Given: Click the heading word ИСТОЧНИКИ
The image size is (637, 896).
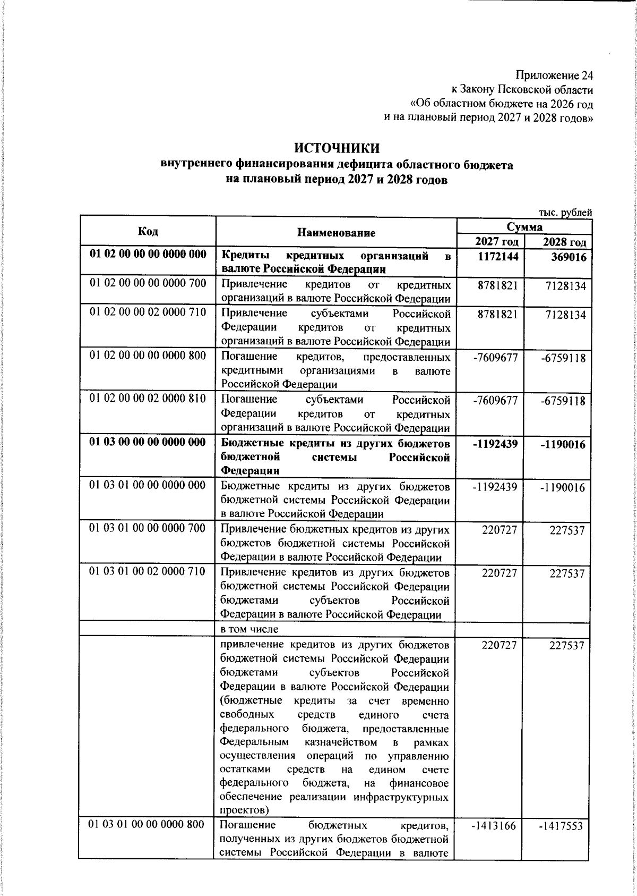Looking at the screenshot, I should coord(337,148).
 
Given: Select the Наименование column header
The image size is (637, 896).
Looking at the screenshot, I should coord(336,233).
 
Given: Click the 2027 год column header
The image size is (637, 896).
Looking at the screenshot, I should coord(496,242).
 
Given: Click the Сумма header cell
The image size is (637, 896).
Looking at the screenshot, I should coord(524,227).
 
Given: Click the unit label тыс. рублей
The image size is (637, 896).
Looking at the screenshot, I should coord(565,213).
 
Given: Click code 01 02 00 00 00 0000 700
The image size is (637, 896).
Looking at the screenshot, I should coord(148,283).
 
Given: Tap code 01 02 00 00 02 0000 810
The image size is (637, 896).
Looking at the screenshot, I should coord(148,399).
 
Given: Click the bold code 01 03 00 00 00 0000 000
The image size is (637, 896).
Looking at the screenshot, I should coord(148,442).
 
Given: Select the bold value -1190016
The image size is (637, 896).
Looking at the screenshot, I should coord(563,444).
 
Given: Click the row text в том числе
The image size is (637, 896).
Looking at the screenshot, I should coord(249,629).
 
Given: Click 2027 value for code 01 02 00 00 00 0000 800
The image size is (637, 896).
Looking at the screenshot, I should coord(495,358).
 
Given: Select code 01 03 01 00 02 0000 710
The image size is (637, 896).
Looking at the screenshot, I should coord(147,571).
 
